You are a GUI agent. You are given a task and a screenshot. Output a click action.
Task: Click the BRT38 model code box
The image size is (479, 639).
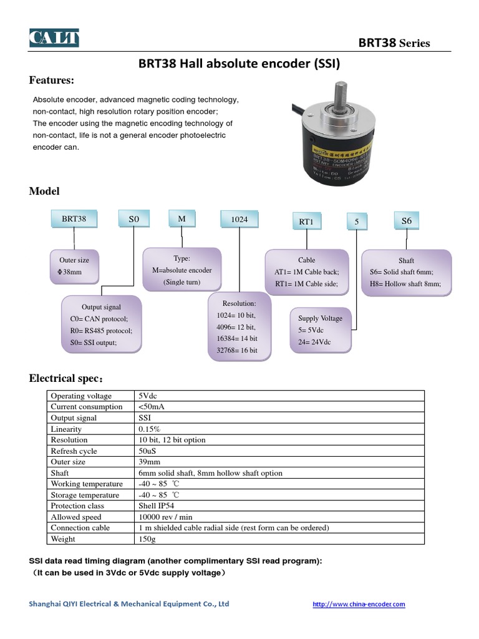pyautogui.click(x=74, y=219)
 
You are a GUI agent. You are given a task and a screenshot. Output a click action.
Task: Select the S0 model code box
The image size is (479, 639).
pyautogui.click(x=134, y=220)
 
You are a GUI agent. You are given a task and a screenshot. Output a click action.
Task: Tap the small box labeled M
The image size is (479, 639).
pyautogui.click(x=182, y=219)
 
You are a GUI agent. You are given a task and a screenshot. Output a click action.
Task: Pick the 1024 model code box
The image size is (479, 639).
pyautogui.click(x=239, y=220)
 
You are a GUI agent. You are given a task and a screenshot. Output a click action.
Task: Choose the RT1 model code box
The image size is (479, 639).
pyautogui.click(x=306, y=222)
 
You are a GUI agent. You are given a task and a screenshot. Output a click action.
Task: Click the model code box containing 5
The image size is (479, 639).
pyautogui.click(x=357, y=221)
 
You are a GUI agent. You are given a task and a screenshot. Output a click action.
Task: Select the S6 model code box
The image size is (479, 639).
pyautogui.click(x=407, y=221)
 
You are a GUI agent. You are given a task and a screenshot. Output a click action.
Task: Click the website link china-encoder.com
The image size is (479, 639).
pyautogui.click(x=358, y=604)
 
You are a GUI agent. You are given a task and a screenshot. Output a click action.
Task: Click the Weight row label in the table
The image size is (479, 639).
pyautogui.click(x=63, y=539)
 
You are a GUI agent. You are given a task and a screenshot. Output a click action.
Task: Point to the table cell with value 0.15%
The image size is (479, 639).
pyautogui.click(x=150, y=429)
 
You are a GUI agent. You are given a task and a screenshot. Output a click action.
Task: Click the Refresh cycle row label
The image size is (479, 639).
pyautogui.click(x=74, y=451)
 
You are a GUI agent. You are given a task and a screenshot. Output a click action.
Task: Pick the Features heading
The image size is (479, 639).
pyautogui.click(x=52, y=80)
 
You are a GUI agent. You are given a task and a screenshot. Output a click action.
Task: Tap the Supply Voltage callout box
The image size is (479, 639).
pyautogui.click(x=320, y=329)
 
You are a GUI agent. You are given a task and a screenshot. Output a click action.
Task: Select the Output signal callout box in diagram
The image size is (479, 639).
pyautogui.click(x=101, y=324)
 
